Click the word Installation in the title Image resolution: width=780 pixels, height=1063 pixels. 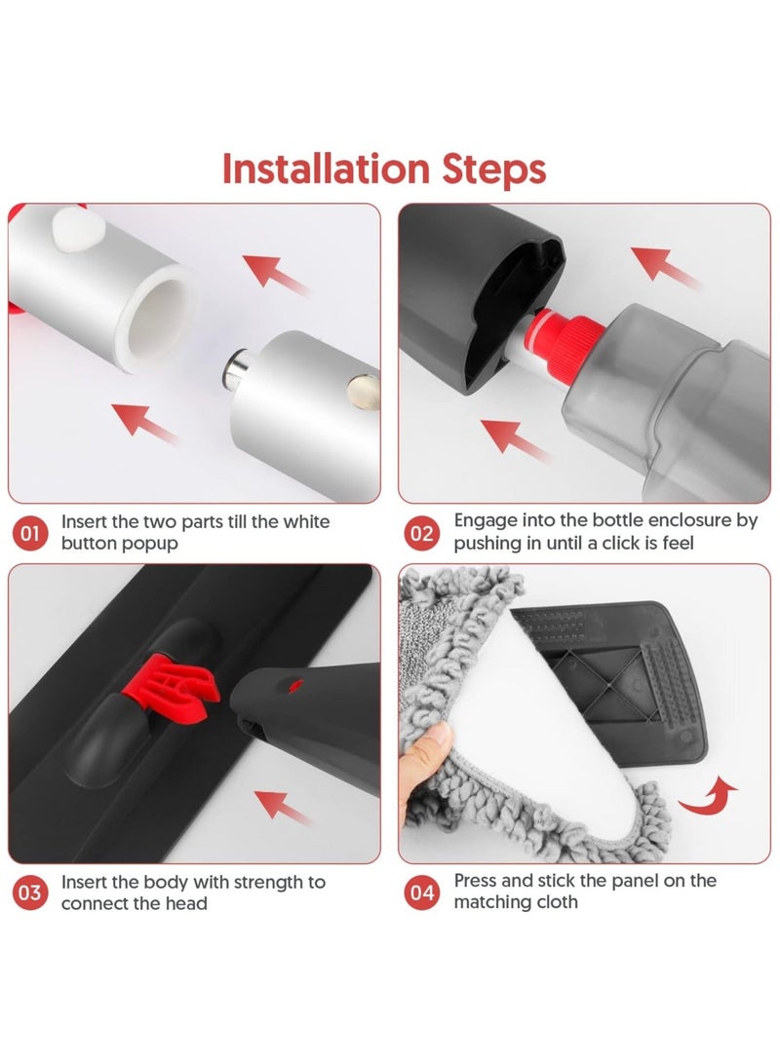coord(327,169)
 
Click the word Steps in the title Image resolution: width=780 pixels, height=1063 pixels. coord(493,170)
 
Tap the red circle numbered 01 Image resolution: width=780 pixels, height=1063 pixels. coord(30,534)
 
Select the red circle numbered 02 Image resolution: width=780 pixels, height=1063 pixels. coord(422,534)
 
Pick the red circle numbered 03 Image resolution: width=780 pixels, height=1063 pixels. coord(30,892)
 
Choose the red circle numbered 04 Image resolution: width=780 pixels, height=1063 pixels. coord(422,892)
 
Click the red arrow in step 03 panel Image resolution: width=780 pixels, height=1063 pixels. coord(283,807)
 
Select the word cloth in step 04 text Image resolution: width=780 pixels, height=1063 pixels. coord(555,902)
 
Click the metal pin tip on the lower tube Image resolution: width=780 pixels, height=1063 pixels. coord(235,369)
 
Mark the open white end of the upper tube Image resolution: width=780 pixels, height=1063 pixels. coord(158,318)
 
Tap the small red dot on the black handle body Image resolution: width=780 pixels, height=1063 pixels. coord(295,687)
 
